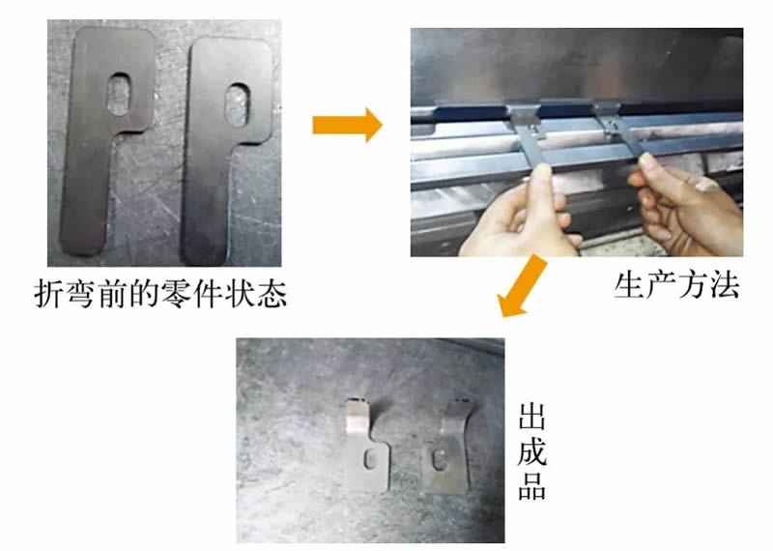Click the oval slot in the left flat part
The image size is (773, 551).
tap(120, 94)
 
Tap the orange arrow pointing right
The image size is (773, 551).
tap(347, 125)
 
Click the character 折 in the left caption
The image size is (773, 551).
tap(49, 295)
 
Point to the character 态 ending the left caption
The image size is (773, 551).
tap(271, 295)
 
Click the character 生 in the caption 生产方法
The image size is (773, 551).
tap(630, 285)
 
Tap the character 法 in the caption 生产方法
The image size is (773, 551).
tap(724, 285)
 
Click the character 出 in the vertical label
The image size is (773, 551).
tap(532, 417)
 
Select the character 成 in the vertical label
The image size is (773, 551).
tap(532, 450)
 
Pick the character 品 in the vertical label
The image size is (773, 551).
tap(532, 485)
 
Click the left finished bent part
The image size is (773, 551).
tap(368, 446)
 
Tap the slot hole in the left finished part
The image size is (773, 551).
tap(370, 460)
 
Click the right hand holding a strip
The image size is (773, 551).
tap(688, 205)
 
